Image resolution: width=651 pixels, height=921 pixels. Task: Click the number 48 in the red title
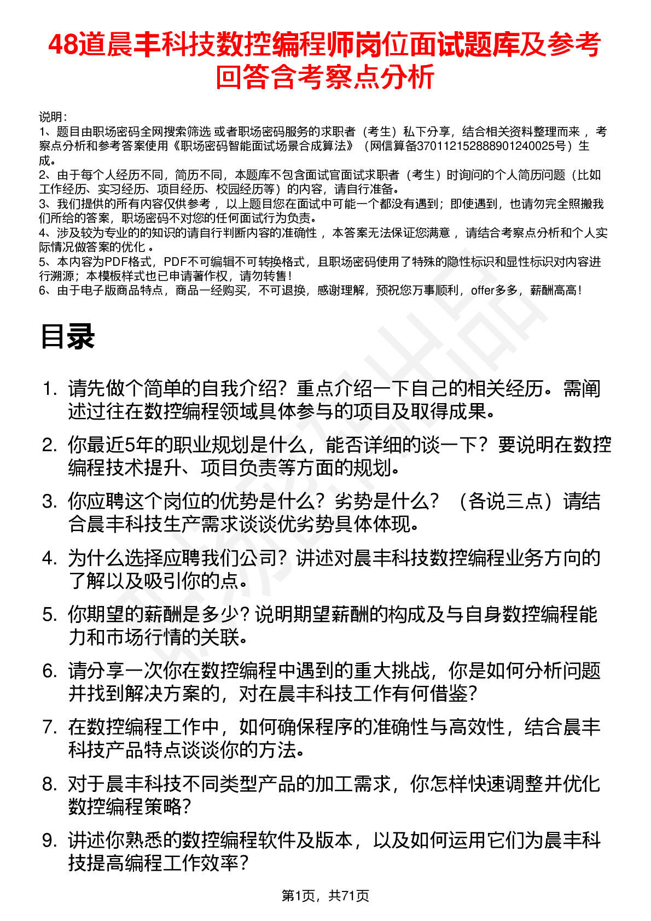click(x=63, y=45)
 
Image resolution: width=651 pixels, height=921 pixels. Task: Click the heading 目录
click(x=68, y=337)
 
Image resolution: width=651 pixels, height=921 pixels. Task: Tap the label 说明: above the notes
click(x=53, y=117)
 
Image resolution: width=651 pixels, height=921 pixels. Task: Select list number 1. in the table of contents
click(x=50, y=389)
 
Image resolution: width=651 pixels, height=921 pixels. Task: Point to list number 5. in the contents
click(x=50, y=615)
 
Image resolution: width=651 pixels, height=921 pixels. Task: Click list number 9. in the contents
click(x=50, y=841)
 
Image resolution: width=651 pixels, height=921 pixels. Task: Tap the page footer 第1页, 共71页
click(x=325, y=895)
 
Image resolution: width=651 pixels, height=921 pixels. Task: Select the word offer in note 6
click(x=483, y=290)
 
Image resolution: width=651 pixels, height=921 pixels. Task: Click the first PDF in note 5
click(x=115, y=262)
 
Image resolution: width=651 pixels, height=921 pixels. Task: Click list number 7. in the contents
click(x=50, y=727)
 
